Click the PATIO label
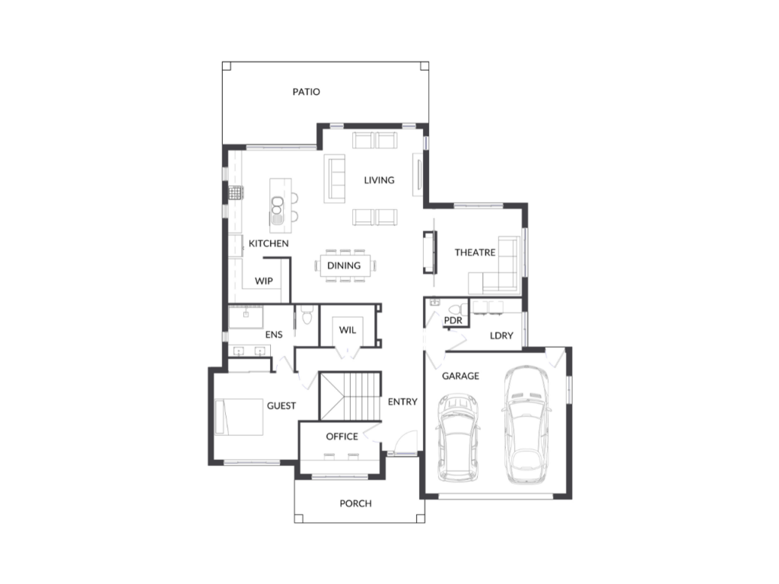point(307,92)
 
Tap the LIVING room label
point(379,180)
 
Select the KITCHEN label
point(269,243)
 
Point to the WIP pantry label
point(263,281)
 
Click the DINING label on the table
point(344,266)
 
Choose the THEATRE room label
point(475,252)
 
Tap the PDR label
point(453,321)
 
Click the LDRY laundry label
point(501,335)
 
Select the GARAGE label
point(460,376)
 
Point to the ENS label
point(274,335)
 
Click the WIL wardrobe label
point(348,329)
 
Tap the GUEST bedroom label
point(281,406)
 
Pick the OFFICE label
point(342,436)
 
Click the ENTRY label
point(402,401)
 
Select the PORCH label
point(355,503)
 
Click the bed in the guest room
point(239,417)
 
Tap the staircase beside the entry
point(349,395)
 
